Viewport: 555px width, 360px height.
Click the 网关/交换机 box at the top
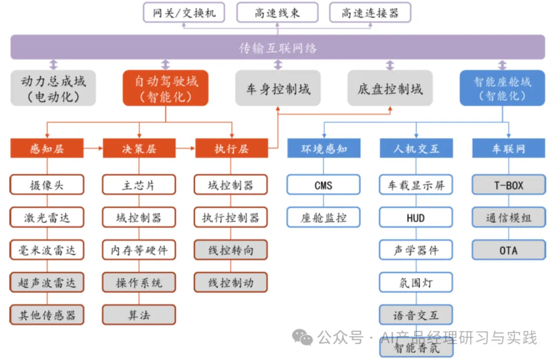point(184,13)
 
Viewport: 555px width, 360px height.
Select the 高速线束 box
point(277,13)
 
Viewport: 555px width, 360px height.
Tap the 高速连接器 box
point(370,13)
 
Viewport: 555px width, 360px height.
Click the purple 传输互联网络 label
point(278,48)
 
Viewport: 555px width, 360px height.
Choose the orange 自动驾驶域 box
point(165,88)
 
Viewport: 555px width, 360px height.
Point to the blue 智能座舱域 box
point(502,88)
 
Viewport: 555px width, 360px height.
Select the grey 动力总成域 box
point(53,88)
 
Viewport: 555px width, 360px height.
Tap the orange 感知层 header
point(47,149)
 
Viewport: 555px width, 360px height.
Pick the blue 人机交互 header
point(416,149)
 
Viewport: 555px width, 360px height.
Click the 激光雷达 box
point(47,218)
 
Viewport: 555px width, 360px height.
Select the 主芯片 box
point(139,185)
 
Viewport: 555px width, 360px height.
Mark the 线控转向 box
point(231,250)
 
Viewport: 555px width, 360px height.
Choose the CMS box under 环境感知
point(323,185)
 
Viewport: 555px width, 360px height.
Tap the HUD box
point(416,218)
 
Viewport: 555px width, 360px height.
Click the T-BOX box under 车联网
point(509,185)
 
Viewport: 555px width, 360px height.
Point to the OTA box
point(509,250)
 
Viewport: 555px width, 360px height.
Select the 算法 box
point(139,315)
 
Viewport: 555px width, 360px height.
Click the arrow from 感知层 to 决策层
point(93,149)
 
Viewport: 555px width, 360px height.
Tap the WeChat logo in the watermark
point(302,337)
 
